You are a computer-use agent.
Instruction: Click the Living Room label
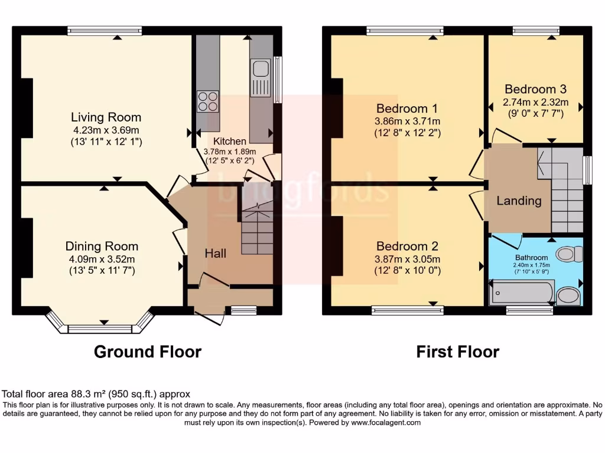point(106,117)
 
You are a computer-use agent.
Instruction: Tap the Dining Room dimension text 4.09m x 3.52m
point(102,259)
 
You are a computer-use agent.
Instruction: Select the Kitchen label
point(230,141)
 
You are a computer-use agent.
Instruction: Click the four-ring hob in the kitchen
point(207,101)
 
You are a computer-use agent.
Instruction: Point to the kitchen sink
point(260,71)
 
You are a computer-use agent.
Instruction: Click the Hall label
point(215,253)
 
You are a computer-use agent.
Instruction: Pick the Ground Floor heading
point(148,352)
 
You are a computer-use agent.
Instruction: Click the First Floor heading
point(457,352)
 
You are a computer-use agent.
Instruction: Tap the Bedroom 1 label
point(407,109)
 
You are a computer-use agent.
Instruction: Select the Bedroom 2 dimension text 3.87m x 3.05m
point(407,259)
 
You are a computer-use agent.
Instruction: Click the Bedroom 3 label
point(535,90)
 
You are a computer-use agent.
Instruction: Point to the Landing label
point(519,201)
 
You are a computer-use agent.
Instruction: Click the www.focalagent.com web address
point(386,422)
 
